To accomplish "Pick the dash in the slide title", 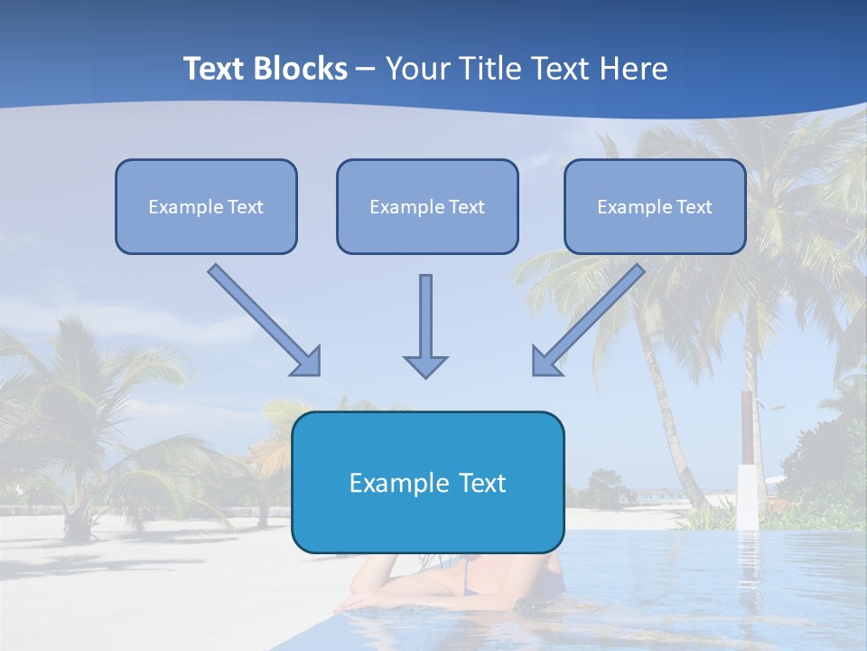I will [366, 70].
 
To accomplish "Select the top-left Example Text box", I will [206, 206].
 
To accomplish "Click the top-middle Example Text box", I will [427, 206].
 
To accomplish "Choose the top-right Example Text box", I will [655, 206].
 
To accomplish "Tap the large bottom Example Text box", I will [427, 482].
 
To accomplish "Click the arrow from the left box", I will [262, 317].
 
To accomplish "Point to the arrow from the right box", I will [591, 317].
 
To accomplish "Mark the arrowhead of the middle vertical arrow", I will [425, 364].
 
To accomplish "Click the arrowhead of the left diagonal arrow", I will [307, 361].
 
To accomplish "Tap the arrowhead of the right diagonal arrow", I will [545, 361].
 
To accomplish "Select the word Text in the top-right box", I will [694, 206].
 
